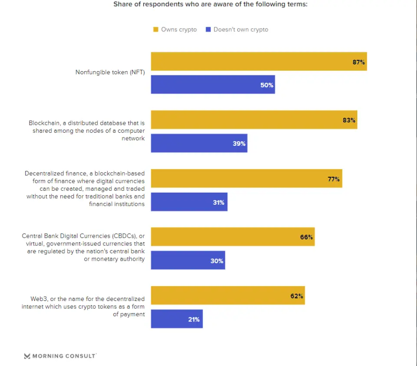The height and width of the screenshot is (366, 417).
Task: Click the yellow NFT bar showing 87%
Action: tap(259, 61)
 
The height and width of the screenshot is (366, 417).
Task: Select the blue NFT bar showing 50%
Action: tap(213, 85)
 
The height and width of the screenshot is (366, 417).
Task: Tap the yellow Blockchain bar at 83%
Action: tap(254, 120)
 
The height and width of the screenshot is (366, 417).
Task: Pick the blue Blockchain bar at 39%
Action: tap(199, 143)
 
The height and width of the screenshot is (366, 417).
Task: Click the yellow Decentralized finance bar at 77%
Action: tap(246, 178)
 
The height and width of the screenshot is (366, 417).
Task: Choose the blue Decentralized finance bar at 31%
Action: tap(189, 202)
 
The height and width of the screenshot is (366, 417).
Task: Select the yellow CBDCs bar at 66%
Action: tap(233, 237)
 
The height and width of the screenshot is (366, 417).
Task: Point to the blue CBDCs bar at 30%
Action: tap(188, 260)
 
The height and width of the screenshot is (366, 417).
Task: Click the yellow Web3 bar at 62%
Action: tap(228, 295)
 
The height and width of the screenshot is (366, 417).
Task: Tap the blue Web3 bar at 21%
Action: tap(177, 319)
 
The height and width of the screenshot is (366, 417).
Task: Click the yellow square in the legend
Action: tap(155, 29)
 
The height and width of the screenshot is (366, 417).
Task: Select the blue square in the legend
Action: tap(209, 29)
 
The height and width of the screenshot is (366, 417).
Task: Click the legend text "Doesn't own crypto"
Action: tap(241, 29)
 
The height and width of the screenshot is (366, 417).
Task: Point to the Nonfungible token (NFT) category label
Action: tap(110, 72)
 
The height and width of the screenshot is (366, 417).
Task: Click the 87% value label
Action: tap(359, 62)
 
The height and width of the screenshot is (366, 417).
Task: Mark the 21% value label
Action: tap(194, 320)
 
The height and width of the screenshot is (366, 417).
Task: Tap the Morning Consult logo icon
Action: tap(27, 356)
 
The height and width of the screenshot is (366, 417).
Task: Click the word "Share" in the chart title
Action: tap(122, 5)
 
